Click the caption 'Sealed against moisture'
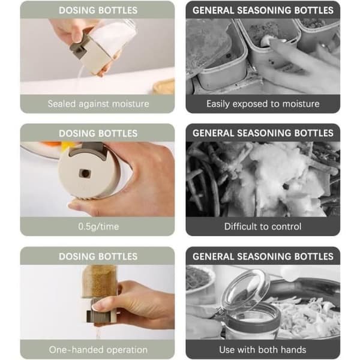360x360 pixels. [98, 104]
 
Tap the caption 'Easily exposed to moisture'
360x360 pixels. [263, 104]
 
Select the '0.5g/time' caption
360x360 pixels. [98, 227]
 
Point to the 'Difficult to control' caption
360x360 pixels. [263, 227]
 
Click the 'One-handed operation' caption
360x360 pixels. [98, 350]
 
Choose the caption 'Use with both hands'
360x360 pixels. [263, 350]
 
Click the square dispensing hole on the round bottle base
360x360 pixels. [85, 173]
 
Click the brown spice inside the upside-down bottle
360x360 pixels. [100, 281]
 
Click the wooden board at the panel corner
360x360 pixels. [164, 87]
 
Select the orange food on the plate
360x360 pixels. [52, 144]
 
